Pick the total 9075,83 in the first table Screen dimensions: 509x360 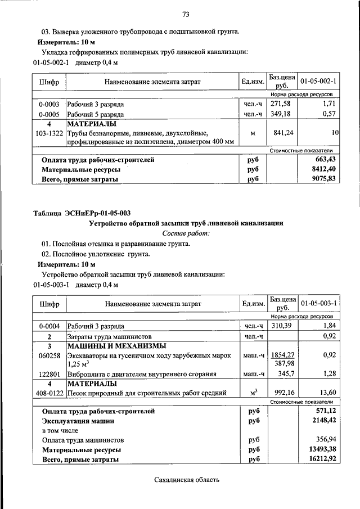pos(323,179)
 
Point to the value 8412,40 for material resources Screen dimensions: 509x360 pos(323,169)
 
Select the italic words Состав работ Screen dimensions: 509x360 pos(186,233)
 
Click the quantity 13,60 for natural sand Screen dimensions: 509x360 pos(326,393)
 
